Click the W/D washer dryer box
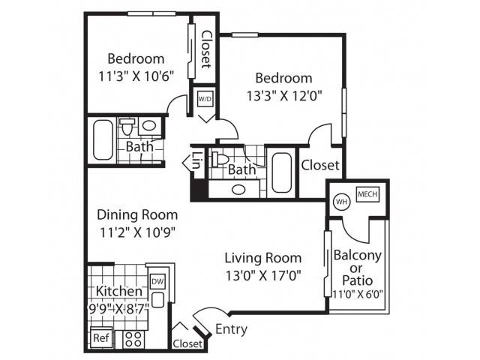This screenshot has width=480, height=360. (x=205, y=99)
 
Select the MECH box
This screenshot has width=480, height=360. (x=367, y=194)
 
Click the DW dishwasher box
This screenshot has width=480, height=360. (x=157, y=281)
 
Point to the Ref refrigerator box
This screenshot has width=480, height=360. (x=101, y=338)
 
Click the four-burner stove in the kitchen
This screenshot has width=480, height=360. (x=133, y=339)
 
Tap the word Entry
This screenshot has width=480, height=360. (x=232, y=330)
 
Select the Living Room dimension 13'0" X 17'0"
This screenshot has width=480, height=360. (x=263, y=276)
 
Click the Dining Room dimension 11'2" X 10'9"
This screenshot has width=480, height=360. (x=137, y=233)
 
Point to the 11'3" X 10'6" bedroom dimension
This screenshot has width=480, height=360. (x=136, y=76)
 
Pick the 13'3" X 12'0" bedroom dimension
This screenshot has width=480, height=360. (x=284, y=96)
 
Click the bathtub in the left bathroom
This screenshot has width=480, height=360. (x=103, y=140)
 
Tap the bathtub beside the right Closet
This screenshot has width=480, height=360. (x=282, y=172)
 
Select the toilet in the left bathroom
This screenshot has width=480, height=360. (x=127, y=127)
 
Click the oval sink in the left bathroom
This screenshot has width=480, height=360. (x=149, y=125)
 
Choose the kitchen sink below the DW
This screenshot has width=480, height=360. (x=158, y=300)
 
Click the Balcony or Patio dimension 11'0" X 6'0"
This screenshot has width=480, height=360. (x=358, y=294)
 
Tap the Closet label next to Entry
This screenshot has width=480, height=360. (x=187, y=343)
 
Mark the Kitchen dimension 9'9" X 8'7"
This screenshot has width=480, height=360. (x=118, y=307)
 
